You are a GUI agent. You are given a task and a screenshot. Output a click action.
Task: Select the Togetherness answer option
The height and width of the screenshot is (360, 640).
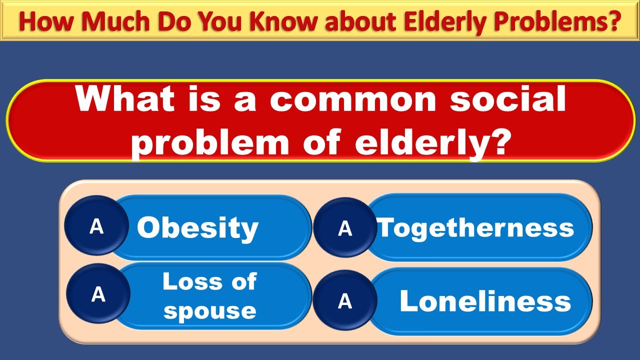coord(475,227)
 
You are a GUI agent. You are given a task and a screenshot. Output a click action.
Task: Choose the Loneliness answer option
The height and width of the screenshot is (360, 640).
coord(485,301)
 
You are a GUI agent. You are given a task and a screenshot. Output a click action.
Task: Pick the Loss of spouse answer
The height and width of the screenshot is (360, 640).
coord(209,296)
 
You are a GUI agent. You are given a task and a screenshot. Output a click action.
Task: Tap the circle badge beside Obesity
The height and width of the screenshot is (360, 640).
coord(96,227)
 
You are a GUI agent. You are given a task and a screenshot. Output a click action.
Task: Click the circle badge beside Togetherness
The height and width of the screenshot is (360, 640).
coord(345,228)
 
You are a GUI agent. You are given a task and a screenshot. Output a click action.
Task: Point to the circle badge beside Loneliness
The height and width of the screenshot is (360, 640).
coord(345,301)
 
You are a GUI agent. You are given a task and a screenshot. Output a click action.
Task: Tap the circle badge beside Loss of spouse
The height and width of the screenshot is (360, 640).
coord(98,295)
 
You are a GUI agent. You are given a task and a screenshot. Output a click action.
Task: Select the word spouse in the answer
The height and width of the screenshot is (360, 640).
coord(209,310)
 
